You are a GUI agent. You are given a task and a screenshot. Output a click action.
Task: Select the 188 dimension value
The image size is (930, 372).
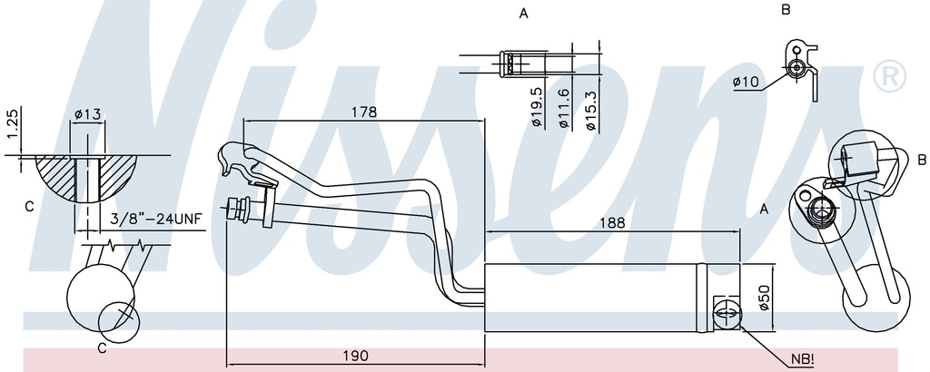613,222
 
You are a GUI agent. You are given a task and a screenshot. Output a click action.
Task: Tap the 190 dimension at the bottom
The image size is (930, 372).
356,356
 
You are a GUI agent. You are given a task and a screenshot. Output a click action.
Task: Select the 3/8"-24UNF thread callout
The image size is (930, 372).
156,220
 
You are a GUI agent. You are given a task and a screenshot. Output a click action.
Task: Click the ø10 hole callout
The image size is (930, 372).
746,82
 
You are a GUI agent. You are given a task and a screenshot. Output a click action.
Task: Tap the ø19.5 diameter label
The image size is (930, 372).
536,107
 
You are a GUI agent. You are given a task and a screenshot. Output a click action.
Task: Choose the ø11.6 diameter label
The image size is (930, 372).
563,108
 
